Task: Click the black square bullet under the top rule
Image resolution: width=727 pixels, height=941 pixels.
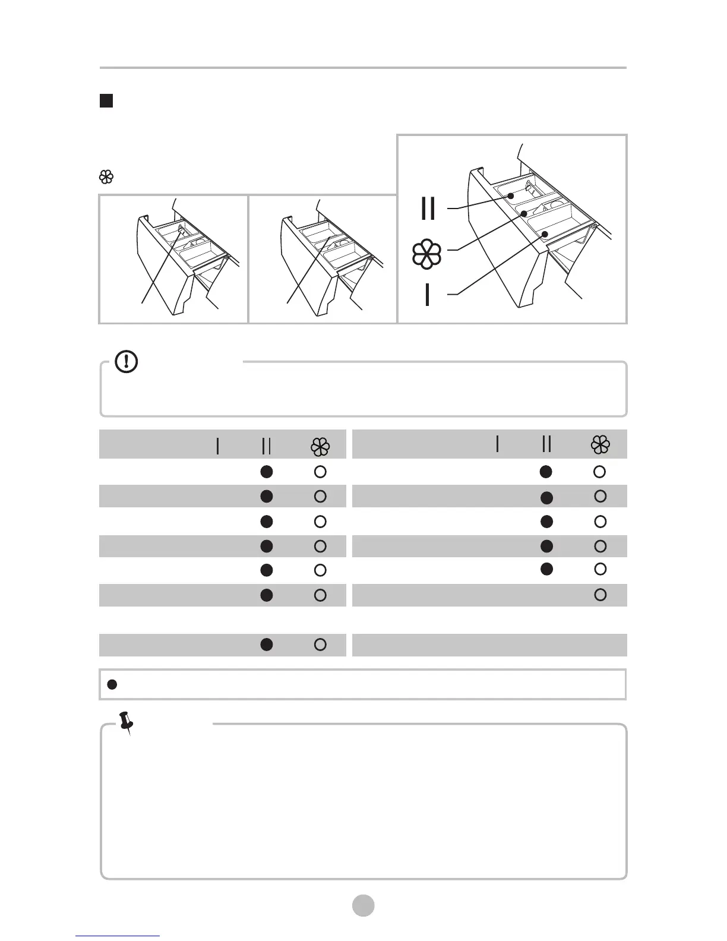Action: (x=106, y=101)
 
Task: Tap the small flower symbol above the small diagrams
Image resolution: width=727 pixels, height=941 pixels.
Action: (x=106, y=177)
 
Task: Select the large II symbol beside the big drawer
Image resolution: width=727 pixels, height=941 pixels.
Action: (x=428, y=208)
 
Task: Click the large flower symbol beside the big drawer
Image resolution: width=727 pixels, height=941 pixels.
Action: (x=426, y=254)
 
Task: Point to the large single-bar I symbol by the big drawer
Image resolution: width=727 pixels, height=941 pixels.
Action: (x=427, y=295)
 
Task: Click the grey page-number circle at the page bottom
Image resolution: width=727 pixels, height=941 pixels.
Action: (x=363, y=905)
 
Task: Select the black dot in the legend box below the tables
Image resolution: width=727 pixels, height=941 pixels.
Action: (x=111, y=684)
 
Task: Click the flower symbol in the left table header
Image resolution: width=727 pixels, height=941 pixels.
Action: (x=320, y=447)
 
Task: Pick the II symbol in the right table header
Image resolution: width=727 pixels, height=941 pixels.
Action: (x=546, y=444)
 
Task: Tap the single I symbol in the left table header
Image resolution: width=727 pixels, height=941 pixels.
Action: (x=218, y=446)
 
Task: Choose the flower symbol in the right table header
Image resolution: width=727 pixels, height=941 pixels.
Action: (x=600, y=444)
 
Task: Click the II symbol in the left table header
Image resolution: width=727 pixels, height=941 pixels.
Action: (x=266, y=446)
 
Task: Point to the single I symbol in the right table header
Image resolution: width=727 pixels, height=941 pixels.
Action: (x=497, y=444)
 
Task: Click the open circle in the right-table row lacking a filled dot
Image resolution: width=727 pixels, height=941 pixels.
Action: (x=600, y=595)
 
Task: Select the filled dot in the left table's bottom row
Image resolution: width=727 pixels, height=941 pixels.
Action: (x=267, y=645)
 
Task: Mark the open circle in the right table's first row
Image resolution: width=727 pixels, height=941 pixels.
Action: (x=600, y=472)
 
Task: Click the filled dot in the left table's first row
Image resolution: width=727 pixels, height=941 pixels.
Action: (x=267, y=472)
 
